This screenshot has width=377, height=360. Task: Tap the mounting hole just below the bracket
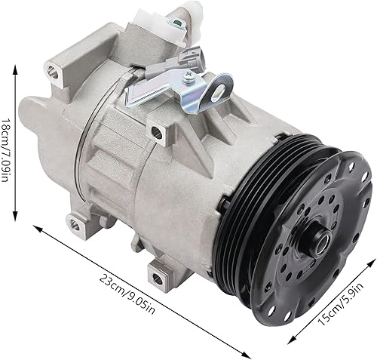click(157, 133)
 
